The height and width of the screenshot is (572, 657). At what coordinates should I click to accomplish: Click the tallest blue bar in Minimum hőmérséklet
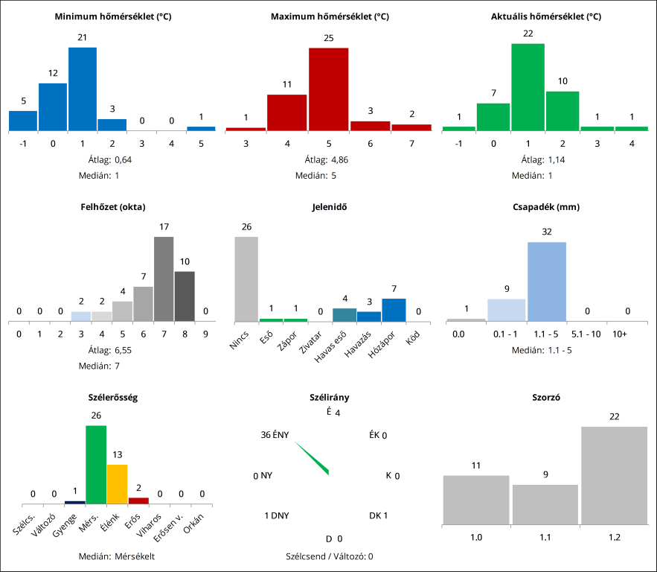coord(83,89)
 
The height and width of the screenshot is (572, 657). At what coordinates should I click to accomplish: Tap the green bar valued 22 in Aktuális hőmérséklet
coord(528,87)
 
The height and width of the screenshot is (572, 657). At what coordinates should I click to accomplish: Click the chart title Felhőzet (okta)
coord(112,206)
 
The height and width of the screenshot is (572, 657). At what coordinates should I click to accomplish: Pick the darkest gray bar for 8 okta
coord(185,296)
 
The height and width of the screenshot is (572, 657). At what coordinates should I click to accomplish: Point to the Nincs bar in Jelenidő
coord(246,279)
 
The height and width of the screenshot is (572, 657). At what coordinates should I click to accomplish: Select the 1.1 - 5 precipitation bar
coord(547,282)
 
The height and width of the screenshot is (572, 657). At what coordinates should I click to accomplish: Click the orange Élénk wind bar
coord(118,484)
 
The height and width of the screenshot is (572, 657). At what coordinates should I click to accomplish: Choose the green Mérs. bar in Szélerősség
coord(96,465)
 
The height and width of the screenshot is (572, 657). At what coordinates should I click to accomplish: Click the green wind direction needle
coord(312,457)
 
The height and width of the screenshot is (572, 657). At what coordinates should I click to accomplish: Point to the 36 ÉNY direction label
coord(275,435)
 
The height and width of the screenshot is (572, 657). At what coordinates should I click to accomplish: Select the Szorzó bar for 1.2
coord(614,476)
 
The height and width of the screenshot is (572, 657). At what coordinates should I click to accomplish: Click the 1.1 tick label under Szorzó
coord(545,536)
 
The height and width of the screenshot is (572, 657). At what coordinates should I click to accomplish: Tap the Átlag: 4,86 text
coord(328,159)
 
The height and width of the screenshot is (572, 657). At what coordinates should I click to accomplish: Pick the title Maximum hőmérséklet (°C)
coord(329,16)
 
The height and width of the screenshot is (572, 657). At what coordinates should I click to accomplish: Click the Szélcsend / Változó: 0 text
coord(329,556)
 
